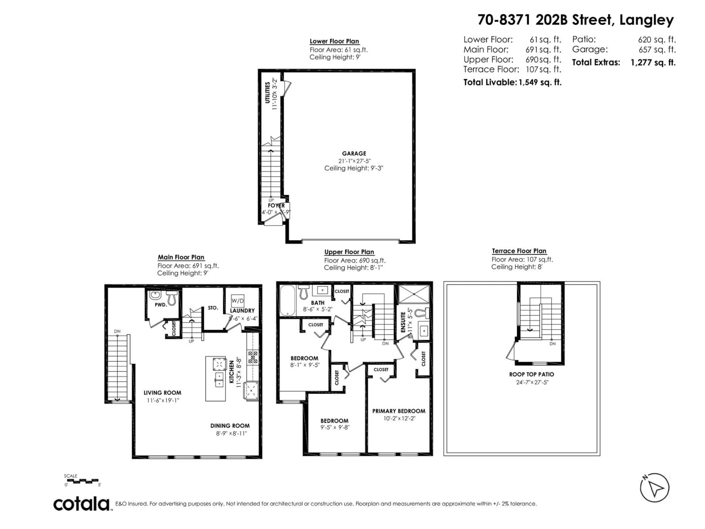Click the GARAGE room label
[354, 153]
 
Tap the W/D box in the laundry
[237, 300]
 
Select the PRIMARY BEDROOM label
[399, 411]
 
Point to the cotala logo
[82, 504]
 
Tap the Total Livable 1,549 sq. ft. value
[540, 82]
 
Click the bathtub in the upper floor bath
[288, 300]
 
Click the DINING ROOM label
[230, 426]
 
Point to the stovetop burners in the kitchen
[253, 357]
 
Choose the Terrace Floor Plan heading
[519, 251]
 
